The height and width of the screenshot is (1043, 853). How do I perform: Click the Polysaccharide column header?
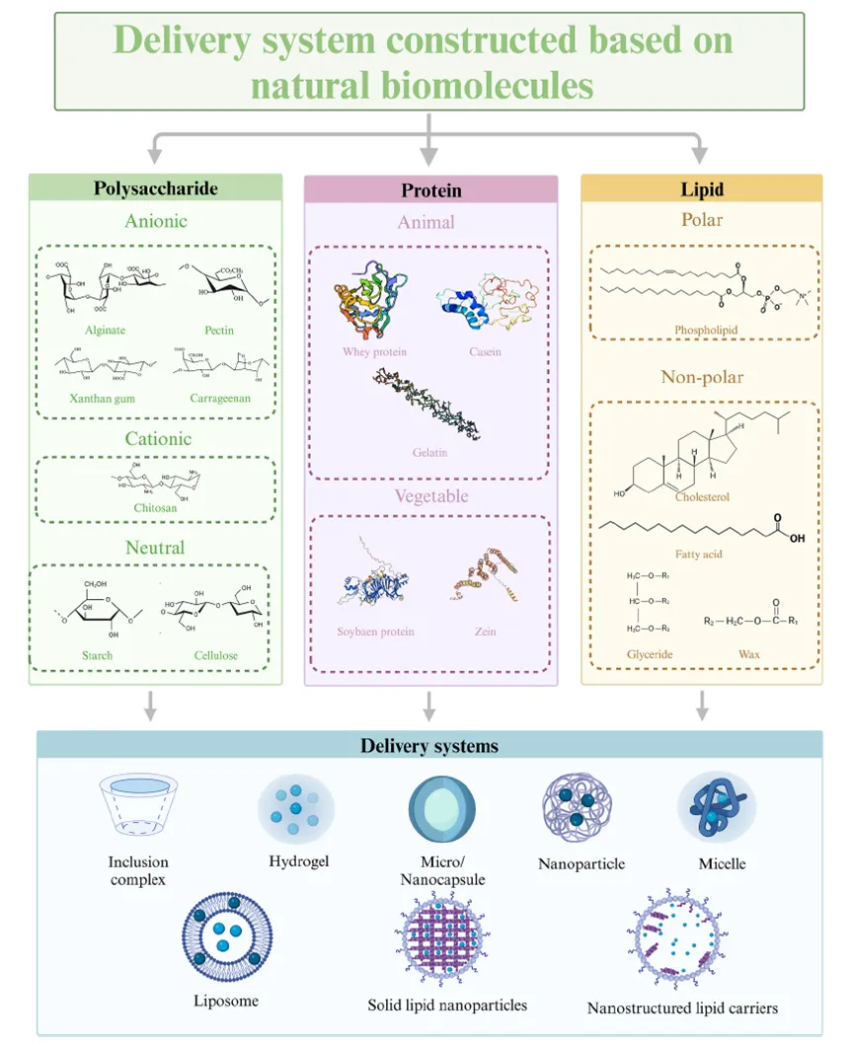click(156, 188)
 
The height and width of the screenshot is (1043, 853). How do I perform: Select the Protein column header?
click(430, 190)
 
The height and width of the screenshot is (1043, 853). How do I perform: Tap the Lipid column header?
click(701, 188)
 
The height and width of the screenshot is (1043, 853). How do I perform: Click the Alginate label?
click(105, 330)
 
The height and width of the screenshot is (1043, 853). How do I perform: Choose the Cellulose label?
click(216, 655)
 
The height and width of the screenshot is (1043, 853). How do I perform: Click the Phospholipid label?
click(703, 332)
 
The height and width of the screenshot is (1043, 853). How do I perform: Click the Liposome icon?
click(225, 943)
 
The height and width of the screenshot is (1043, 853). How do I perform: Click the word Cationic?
click(158, 438)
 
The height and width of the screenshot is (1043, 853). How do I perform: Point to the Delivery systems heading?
click(428, 746)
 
